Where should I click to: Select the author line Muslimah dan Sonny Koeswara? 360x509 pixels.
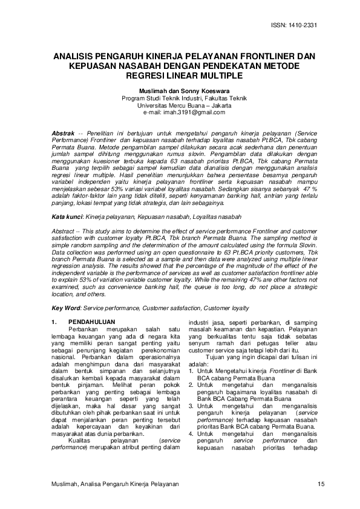pos(180,90)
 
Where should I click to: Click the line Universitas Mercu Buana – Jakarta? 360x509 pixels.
pos(180,105)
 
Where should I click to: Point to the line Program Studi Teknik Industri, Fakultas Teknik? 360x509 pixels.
pos(180,98)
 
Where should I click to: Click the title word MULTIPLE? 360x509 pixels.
pos(217,76)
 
